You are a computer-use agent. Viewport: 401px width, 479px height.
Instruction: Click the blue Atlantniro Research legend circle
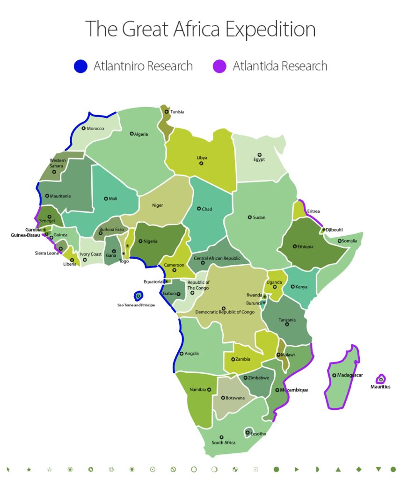(x=80, y=66)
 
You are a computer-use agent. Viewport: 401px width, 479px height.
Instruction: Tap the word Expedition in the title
(x=270, y=29)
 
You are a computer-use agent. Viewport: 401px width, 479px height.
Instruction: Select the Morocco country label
(x=95, y=128)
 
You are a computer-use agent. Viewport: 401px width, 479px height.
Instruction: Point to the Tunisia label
(x=177, y=112)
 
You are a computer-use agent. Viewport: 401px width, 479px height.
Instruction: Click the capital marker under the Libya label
(x=201, y=163)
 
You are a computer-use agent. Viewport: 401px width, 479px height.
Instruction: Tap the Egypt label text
(x=259, y=160)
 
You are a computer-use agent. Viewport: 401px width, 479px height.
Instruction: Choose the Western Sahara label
(x=58, y=163)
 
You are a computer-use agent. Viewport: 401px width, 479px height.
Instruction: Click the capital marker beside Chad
(x=198, y=209)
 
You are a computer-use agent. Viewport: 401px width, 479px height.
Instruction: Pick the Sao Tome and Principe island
(x=138, y=296)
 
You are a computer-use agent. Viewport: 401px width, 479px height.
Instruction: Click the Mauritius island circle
(x=381, y=379)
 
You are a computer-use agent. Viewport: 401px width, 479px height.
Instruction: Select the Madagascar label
(x=350, y=375)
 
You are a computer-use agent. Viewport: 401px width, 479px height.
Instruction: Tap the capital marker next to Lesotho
(x=247, y=432)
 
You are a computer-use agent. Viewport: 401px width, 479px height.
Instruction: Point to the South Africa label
(x=223, y=443)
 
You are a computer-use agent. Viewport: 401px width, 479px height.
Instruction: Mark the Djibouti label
(x=335, y=230)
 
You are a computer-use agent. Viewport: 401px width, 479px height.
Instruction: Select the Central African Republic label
(x=217, y=258)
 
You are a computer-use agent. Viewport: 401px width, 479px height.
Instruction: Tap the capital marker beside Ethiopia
(x=294, y=247)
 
